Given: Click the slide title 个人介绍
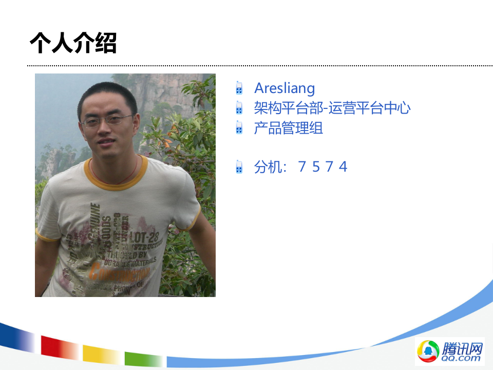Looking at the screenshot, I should [x=73, y=43].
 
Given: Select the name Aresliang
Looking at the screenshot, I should [x=285, y=88].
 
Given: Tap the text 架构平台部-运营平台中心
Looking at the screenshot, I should [x=332, y=108].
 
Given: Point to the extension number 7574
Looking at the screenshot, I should [x=323, y=166].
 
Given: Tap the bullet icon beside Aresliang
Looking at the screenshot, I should [x=239, y=88].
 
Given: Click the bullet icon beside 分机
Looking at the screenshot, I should [x=239, y=166].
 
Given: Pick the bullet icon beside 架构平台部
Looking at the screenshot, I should [x=239, y=108].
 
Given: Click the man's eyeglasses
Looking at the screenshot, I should [x=107, y=121].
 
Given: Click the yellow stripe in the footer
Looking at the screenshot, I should [x=101, y=354].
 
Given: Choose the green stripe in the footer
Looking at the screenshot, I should [x=143, y=358].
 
